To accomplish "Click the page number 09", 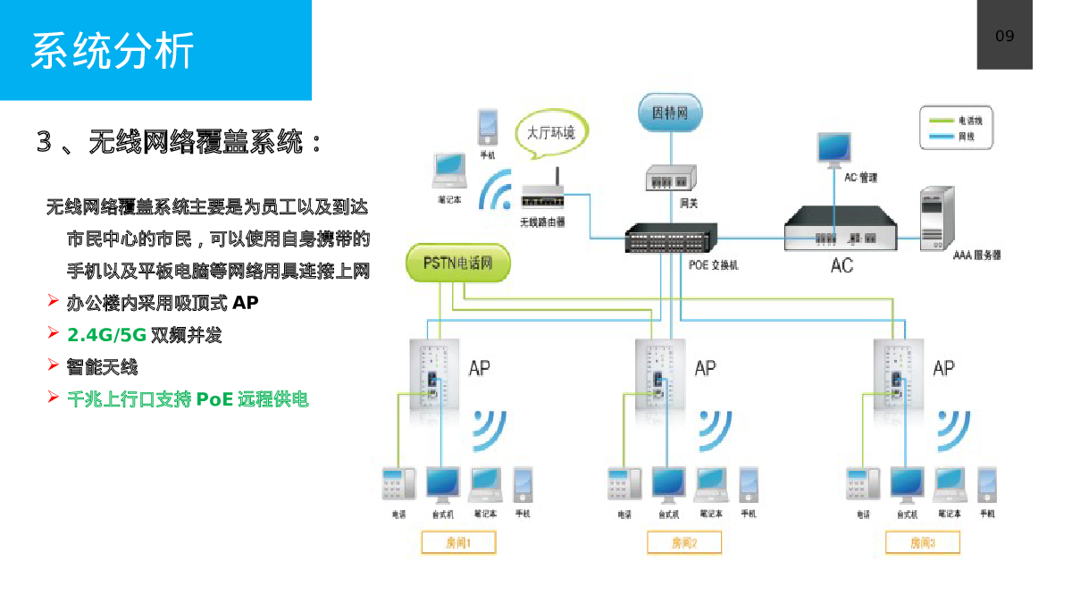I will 1004,36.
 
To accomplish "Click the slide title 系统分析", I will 113,50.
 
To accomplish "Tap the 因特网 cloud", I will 670,113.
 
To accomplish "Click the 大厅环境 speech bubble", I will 550,134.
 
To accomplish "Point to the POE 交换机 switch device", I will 670,238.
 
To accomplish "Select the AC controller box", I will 840,230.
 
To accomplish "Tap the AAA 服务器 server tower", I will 932,217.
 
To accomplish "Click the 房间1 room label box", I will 457,542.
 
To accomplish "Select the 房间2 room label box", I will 683,542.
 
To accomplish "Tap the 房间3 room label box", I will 922,542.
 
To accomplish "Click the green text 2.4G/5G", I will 107,335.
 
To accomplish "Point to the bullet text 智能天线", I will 102,366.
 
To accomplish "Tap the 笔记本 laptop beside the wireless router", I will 448,170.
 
